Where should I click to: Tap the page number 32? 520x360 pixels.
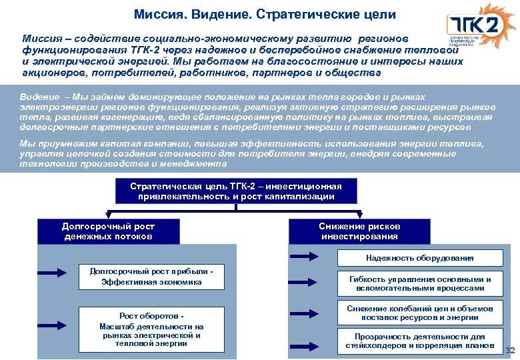coord(511,351)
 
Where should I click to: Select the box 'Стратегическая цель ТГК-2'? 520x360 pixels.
coord(235,191)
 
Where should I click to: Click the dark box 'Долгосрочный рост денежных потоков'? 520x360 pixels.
coord(108,231)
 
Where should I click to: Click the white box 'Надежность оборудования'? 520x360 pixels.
coord(419,257)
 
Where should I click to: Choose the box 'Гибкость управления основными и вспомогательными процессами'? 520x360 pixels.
coord(419,283)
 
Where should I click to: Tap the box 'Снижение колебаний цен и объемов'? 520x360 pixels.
coord(419,313)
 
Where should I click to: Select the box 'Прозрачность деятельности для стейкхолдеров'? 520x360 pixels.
coord(419,341)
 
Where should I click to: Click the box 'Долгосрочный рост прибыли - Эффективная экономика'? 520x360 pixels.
coord(151,277)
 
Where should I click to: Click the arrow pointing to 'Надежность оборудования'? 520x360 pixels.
coord(305,256)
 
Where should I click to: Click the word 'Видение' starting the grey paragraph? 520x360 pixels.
coord(37,96)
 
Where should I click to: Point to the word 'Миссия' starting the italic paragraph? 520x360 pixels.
coord(41,39)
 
